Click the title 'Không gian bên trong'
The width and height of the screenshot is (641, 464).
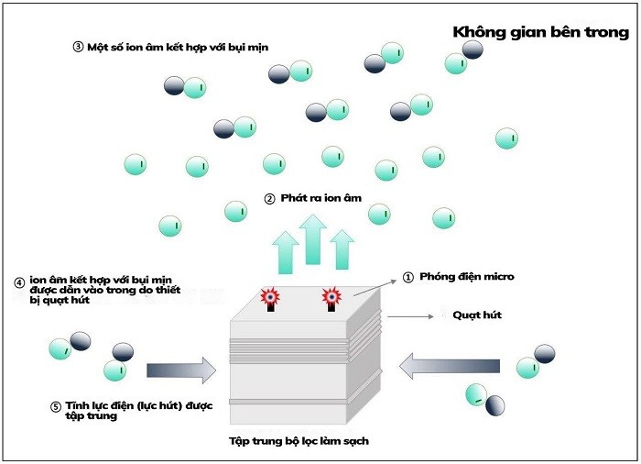(x=540, y=32)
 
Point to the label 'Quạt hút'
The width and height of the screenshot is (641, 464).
(x=477, y=315)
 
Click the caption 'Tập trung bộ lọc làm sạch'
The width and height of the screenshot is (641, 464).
(x=299, y=441)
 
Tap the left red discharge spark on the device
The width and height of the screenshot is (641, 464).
(x=270, y=297)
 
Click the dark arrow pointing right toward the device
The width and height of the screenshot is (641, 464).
(x=180, y=370)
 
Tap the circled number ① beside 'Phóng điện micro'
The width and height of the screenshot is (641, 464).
(x=408, y=276)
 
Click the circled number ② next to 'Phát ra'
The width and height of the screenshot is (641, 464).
(x=269, y=198)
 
